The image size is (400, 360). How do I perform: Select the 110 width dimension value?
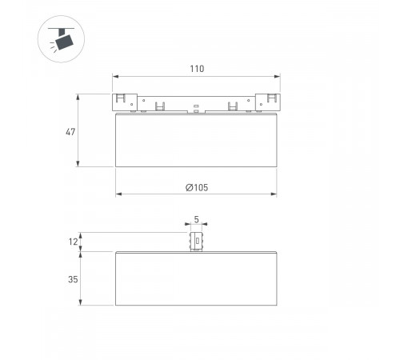tap(197, 69)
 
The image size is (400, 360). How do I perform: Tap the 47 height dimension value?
tap(70, 131)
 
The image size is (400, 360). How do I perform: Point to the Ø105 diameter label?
tap(197, 187)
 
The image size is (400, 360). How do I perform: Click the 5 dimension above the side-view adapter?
tap(197, 219)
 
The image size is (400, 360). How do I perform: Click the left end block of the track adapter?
tap(122, 101)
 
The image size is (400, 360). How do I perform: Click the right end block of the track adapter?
tap(270, 101)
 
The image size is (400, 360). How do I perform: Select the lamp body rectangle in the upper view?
tap(197, 140)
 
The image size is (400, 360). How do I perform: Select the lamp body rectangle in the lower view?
tap(197, 278)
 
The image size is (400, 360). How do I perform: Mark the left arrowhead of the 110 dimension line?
tap(114, 77)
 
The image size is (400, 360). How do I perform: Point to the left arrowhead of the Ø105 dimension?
tap(118, 194)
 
